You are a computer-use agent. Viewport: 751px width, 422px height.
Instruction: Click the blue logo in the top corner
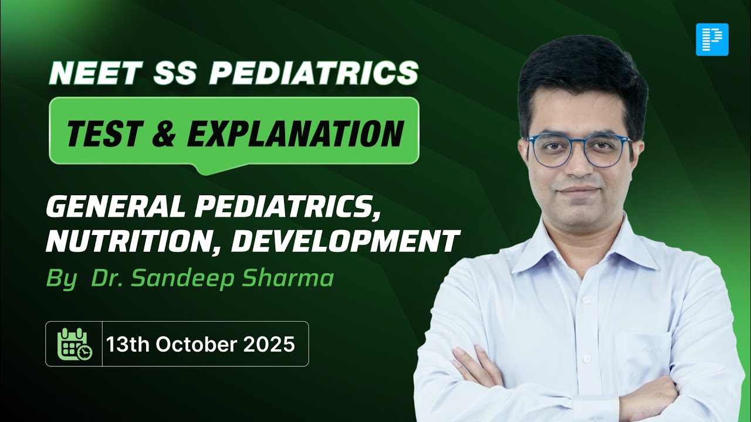[712, 39]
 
